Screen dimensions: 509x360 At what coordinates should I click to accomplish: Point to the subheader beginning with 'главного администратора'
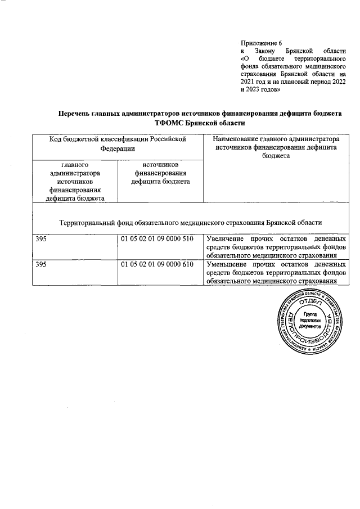[x=75, y=181]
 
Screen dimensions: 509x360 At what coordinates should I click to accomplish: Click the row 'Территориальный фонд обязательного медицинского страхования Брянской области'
[x=190, y=222]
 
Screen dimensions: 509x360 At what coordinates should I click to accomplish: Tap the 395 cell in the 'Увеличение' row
[x=41, y=239]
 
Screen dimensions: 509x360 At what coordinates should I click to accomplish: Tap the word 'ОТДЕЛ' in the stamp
[x=309, y=303]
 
